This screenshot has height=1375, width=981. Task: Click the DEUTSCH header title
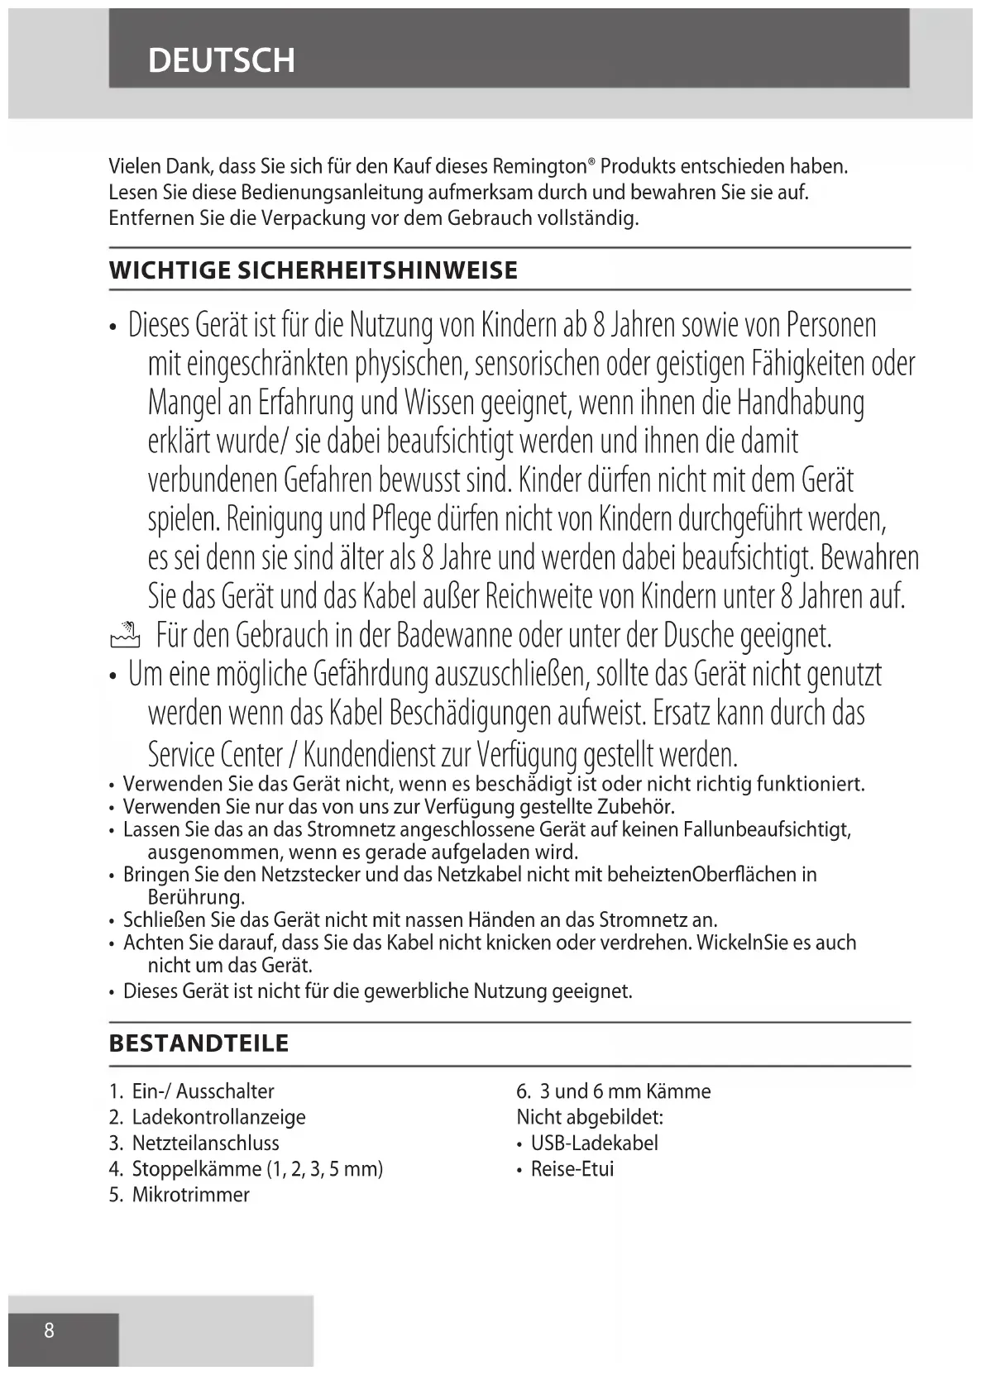pyautogui.click(x=221, y=60)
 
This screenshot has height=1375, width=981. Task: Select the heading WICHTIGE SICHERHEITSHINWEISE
pyautogui.click(x=313, y=270)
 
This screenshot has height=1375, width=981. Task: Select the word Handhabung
pyautogui.click(x=800, y=403)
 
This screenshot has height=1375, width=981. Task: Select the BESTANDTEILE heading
pyautogui.click(x=199, y=1043)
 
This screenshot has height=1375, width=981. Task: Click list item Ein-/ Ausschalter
pyautogui.click(x=203, y=1091)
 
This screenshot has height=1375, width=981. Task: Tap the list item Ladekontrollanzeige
pyautogui.click(x=218, y=1117)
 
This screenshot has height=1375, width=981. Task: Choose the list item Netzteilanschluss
pyautogui.click(x=205, y=1143)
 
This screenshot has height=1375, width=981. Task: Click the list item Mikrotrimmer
pyautogui.click(x=190, y=1195)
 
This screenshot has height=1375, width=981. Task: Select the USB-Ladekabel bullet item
pyautogui.click(x=594, y=1143)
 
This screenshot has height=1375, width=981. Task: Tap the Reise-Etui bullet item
pyautogui.click(x=572, y=1169)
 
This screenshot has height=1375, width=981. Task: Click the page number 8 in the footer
pyautogui.click(x=50, y=1330)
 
